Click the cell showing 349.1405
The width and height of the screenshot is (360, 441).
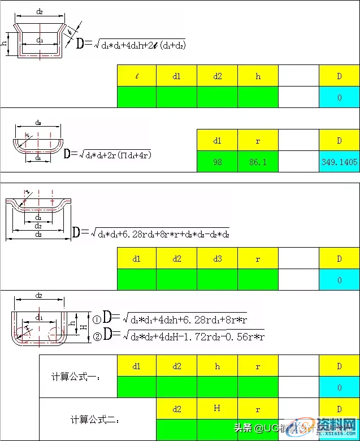[x=339, y=161]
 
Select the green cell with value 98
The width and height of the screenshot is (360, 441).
[x=217, y=161]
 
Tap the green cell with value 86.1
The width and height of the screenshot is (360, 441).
[x=258, y=161]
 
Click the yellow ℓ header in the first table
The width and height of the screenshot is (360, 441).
[x=137, y=76]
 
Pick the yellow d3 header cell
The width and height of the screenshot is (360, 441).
[x=218, y=259]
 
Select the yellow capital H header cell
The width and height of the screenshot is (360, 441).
[x=218, y=408]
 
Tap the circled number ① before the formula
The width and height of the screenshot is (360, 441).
[x=97, y=319]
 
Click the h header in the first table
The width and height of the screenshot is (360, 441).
[x=258, y=76]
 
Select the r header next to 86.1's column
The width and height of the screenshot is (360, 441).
[x=258, y=140]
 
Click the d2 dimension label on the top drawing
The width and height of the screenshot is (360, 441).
[x=40, y=11]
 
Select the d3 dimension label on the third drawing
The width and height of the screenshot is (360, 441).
[x=38, y=234]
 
